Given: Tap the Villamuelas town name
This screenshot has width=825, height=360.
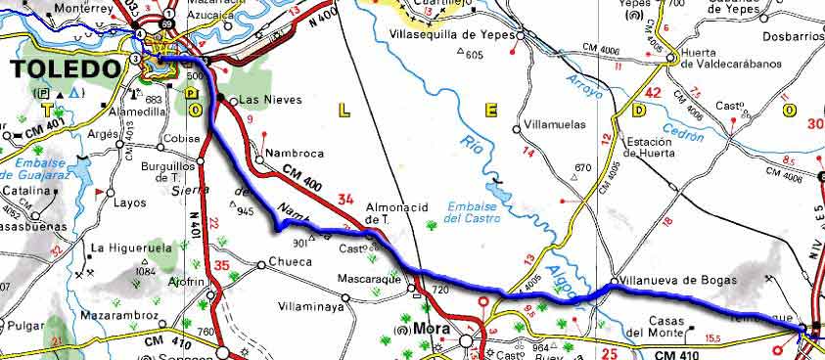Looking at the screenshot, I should (553, 127).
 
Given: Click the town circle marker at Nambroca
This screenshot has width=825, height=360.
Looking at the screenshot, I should (258, 158).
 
